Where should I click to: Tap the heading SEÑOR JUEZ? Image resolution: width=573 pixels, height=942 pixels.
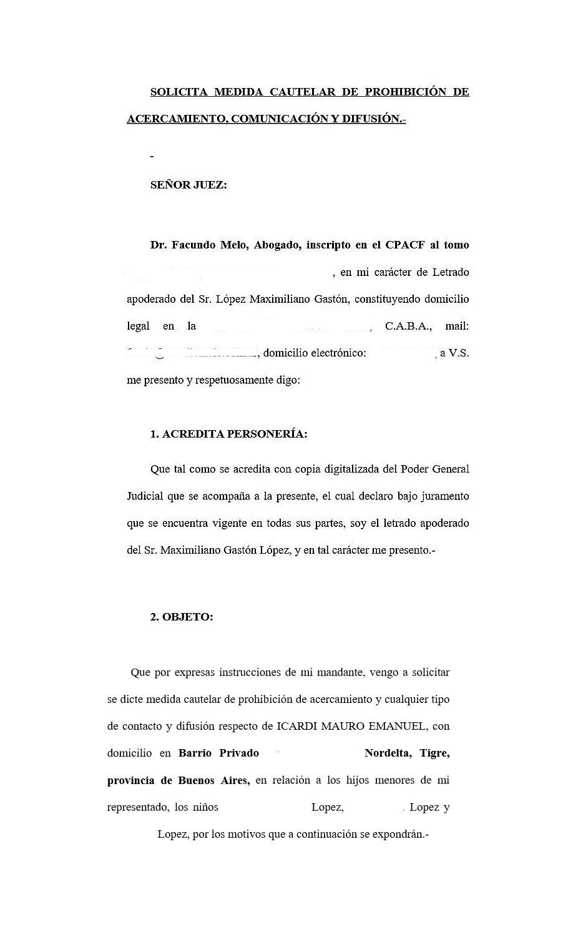coord(189,185)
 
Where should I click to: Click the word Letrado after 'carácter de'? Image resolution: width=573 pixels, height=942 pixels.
coord(449,272)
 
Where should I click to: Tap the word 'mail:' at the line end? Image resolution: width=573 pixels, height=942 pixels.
coord(457,326)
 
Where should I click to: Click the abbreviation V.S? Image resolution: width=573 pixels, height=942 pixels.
coord(459,353)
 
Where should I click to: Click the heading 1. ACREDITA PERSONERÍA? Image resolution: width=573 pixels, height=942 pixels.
coord(228,434)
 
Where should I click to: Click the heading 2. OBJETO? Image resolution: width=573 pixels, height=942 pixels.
coord(182,617)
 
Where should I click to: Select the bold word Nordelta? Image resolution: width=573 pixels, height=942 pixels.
coord(388,753)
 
